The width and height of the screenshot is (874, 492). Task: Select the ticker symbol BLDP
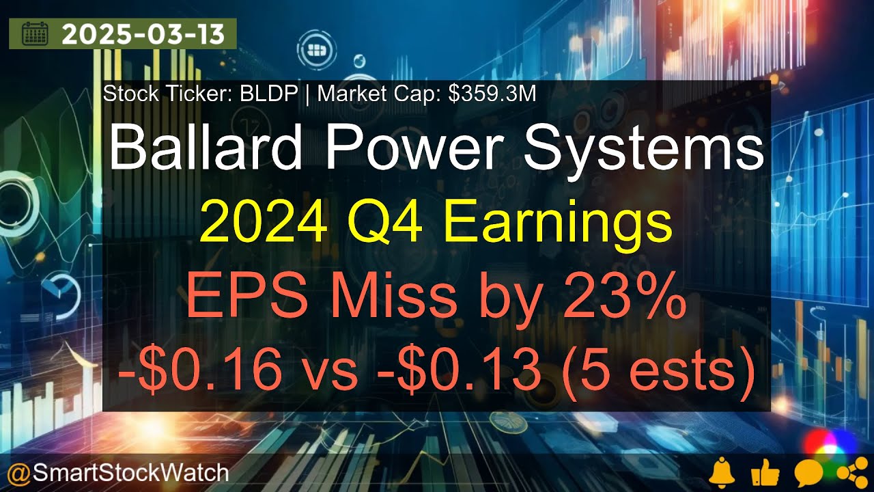tap(268, 94)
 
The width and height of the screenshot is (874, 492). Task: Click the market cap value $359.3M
tap(492, 94)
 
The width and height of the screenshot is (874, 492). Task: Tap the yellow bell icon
tap(722, 473)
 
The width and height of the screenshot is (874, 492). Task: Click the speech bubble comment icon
tap(808, 473)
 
